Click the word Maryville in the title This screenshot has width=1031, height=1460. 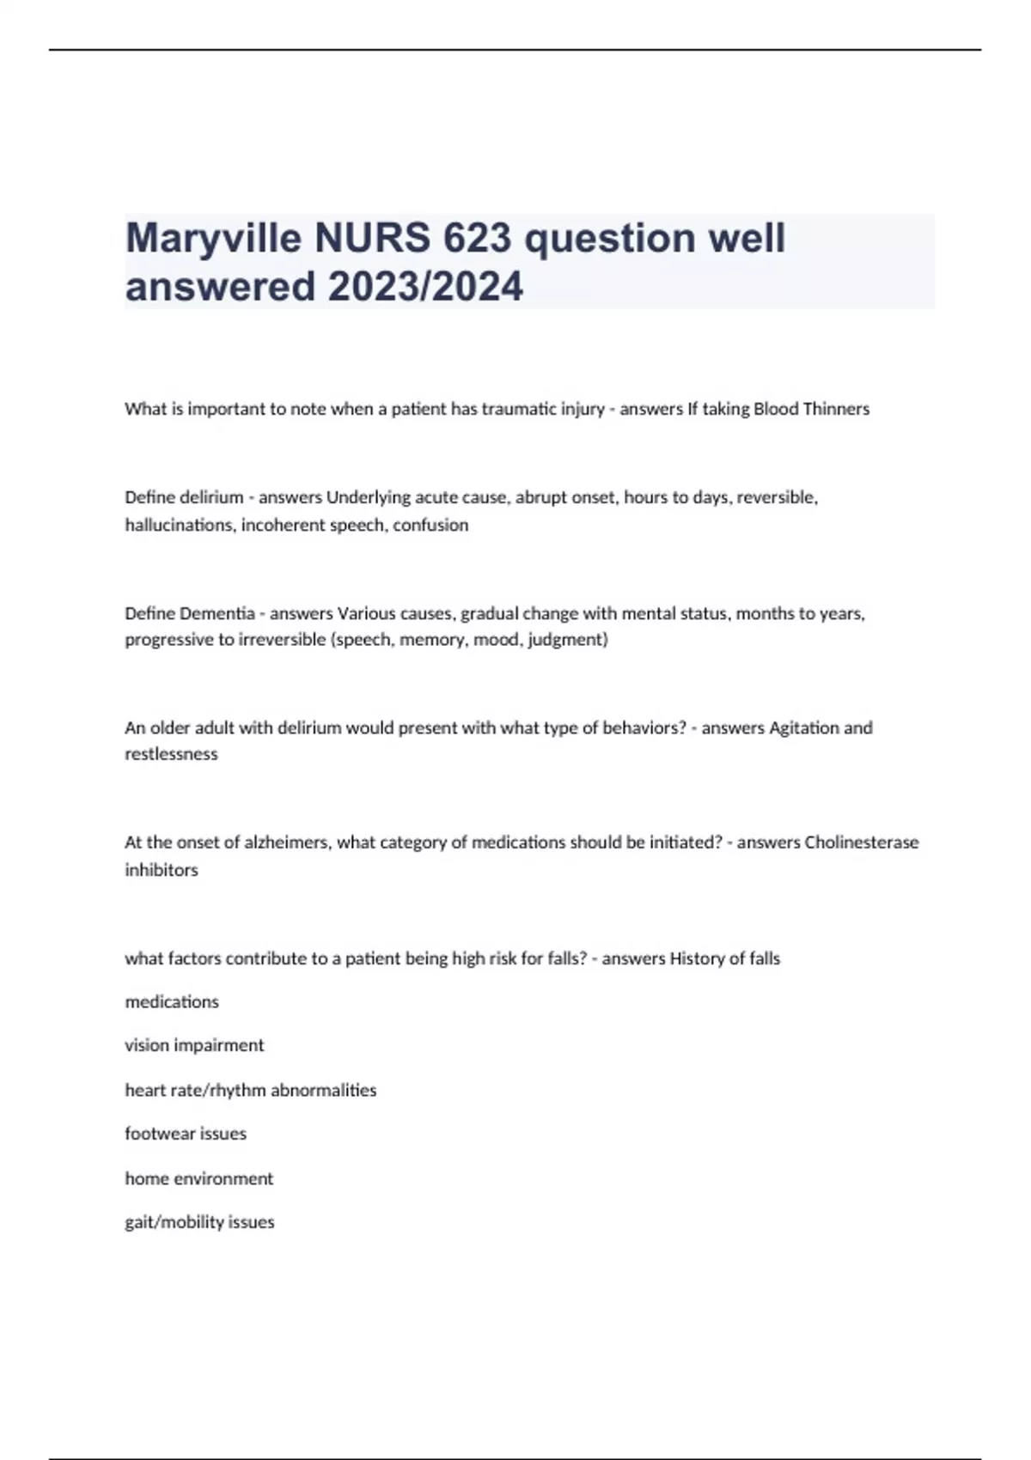click(x=213, y=239)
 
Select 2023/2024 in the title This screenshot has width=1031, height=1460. click(x=425, y=287)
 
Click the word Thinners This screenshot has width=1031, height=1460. click(x=836, y=409)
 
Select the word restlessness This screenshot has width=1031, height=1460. click(x=171, y=754)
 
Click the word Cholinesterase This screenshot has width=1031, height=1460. click(x=861, y=843)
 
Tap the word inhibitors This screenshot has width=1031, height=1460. click(x=162, y=870)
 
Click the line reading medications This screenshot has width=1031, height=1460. click(x=172, y=1002)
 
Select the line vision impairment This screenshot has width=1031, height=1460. click(x=194, y=1045)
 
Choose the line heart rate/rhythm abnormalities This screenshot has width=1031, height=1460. click(x=251, y=1091)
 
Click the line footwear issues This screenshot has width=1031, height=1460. click(x=186, y=1134)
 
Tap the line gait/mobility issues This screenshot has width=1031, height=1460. click(x=199, y=1222)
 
